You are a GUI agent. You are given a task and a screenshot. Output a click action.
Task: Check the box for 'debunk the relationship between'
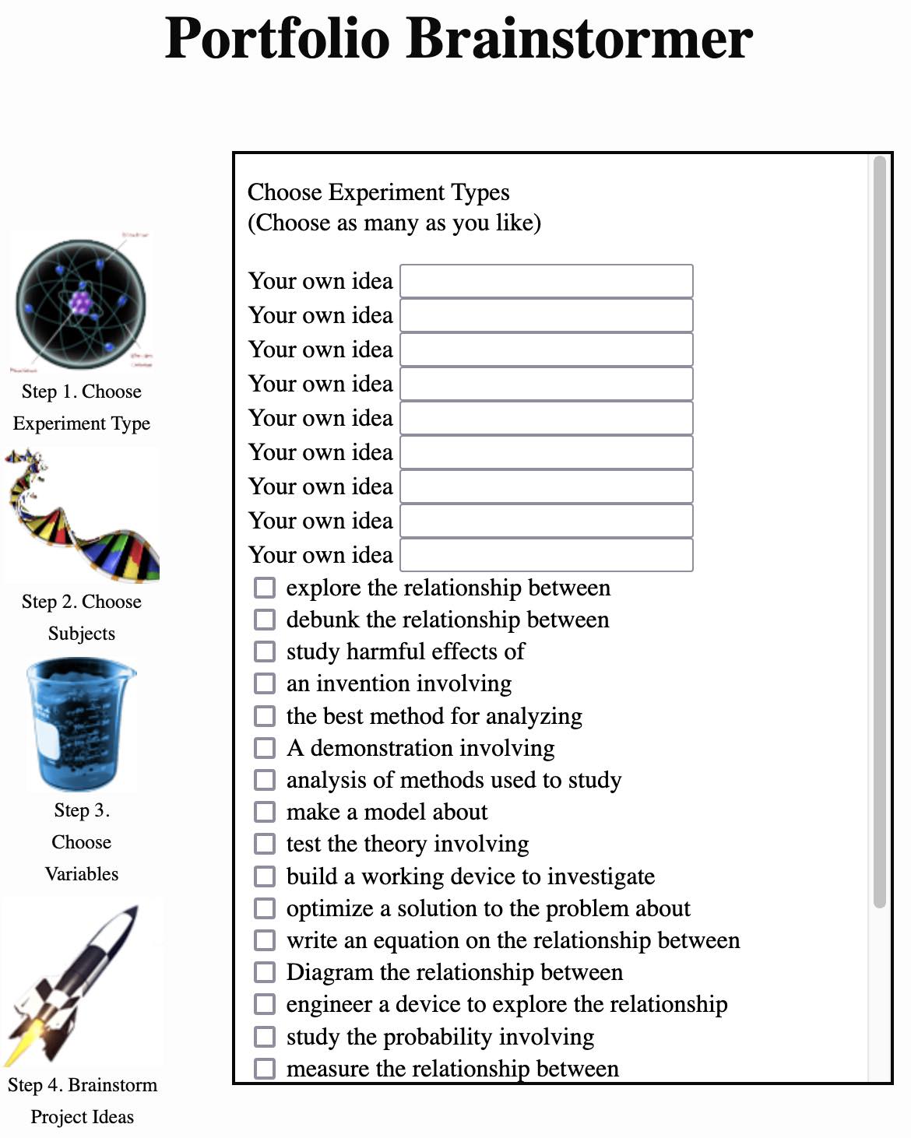(265, 620)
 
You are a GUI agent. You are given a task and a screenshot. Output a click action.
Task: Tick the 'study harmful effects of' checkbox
(265, 652)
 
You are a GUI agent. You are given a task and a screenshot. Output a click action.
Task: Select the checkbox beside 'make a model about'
(265, 812)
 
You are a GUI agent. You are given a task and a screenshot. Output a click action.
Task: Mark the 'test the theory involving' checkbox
(265, 844)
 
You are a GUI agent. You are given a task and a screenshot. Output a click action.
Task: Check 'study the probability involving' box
(265, 1037)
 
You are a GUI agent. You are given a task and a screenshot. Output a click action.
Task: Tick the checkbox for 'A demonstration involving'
(265, 748)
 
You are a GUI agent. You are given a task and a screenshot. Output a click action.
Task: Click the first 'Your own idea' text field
(546, 281)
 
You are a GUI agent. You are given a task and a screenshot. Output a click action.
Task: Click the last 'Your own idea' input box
(546, 555)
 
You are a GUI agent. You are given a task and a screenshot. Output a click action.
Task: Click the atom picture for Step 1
(81, 304)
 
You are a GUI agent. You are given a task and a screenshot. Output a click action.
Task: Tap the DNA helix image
(82, 515)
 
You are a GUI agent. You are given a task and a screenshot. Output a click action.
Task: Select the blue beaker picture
(81, 725)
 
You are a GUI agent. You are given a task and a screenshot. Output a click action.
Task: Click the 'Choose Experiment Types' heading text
(378, 192)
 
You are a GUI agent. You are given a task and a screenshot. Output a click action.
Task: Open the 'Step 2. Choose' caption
(82, 602)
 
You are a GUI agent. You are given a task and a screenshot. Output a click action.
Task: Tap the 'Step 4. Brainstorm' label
(83, 1085)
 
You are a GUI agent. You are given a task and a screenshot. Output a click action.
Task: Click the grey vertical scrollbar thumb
(879, 529)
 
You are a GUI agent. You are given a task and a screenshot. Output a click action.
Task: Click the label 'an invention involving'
(399, 683)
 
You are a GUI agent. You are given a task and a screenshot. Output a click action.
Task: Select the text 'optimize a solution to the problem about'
(488, 908)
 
